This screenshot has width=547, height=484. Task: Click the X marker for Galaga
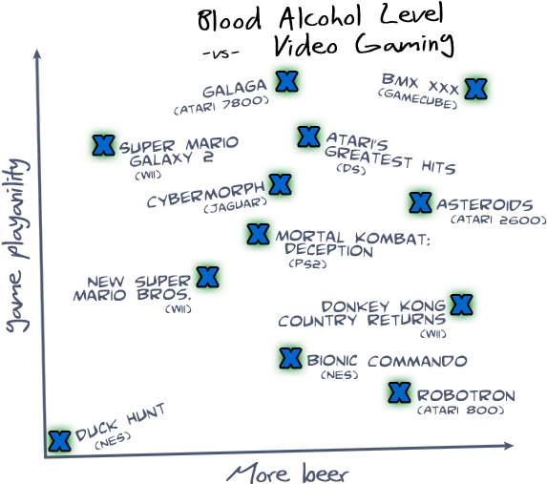point(286,81)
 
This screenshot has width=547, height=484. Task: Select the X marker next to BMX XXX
point(475,89)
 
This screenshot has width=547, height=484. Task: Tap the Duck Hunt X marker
point(59,441)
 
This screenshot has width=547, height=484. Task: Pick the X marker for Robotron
point(399,392)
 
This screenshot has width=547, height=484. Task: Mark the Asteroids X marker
point(420,202)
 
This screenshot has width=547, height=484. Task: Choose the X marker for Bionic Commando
point(290,358)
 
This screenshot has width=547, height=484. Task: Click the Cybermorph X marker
point(280,184)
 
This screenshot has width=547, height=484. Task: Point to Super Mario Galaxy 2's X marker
point(104,145)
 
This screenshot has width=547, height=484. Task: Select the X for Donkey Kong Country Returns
point(461,305)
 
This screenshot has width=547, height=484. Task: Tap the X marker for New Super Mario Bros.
point(207,277)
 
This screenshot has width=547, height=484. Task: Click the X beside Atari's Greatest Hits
point(309,137)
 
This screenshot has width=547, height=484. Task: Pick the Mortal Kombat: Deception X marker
point(258,234)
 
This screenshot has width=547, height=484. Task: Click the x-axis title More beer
point(288,473)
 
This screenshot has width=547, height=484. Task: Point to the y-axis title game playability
point(17,245)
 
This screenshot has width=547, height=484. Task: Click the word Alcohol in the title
point(320,18)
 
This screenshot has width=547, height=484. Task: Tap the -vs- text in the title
point(221,54)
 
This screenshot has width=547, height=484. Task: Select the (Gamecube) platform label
point(417,98)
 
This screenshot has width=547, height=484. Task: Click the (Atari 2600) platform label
point(498,221)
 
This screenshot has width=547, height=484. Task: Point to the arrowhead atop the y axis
point(36,54)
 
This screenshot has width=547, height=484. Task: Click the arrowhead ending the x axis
point(508,446)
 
